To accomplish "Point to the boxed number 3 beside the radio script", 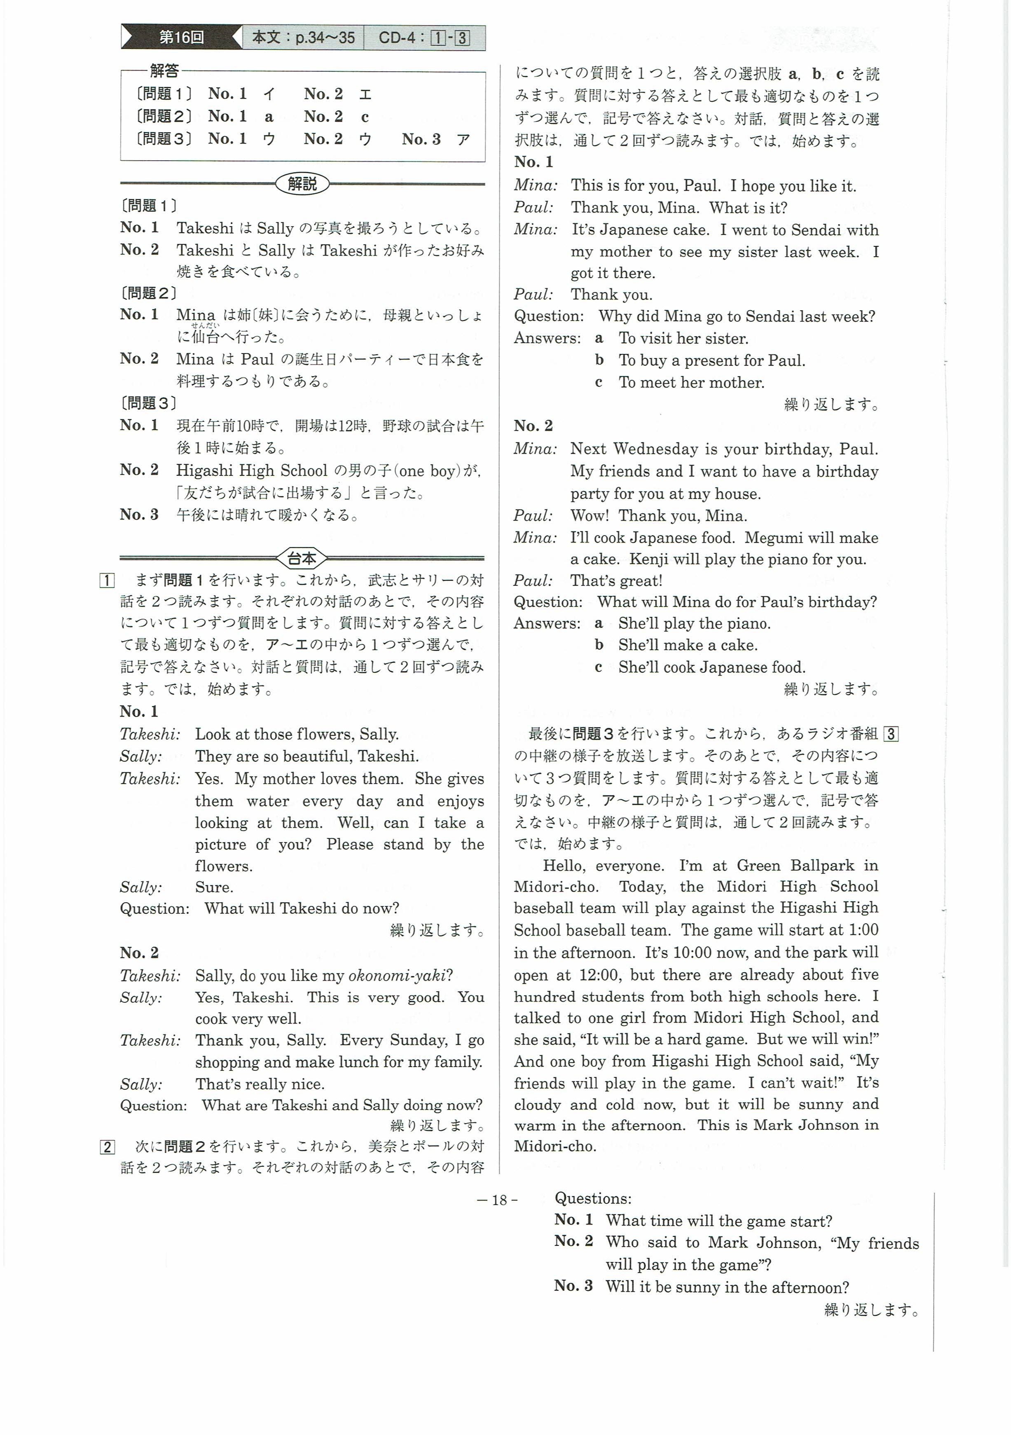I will (892, 734).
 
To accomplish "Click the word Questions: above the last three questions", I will (593, 1198).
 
